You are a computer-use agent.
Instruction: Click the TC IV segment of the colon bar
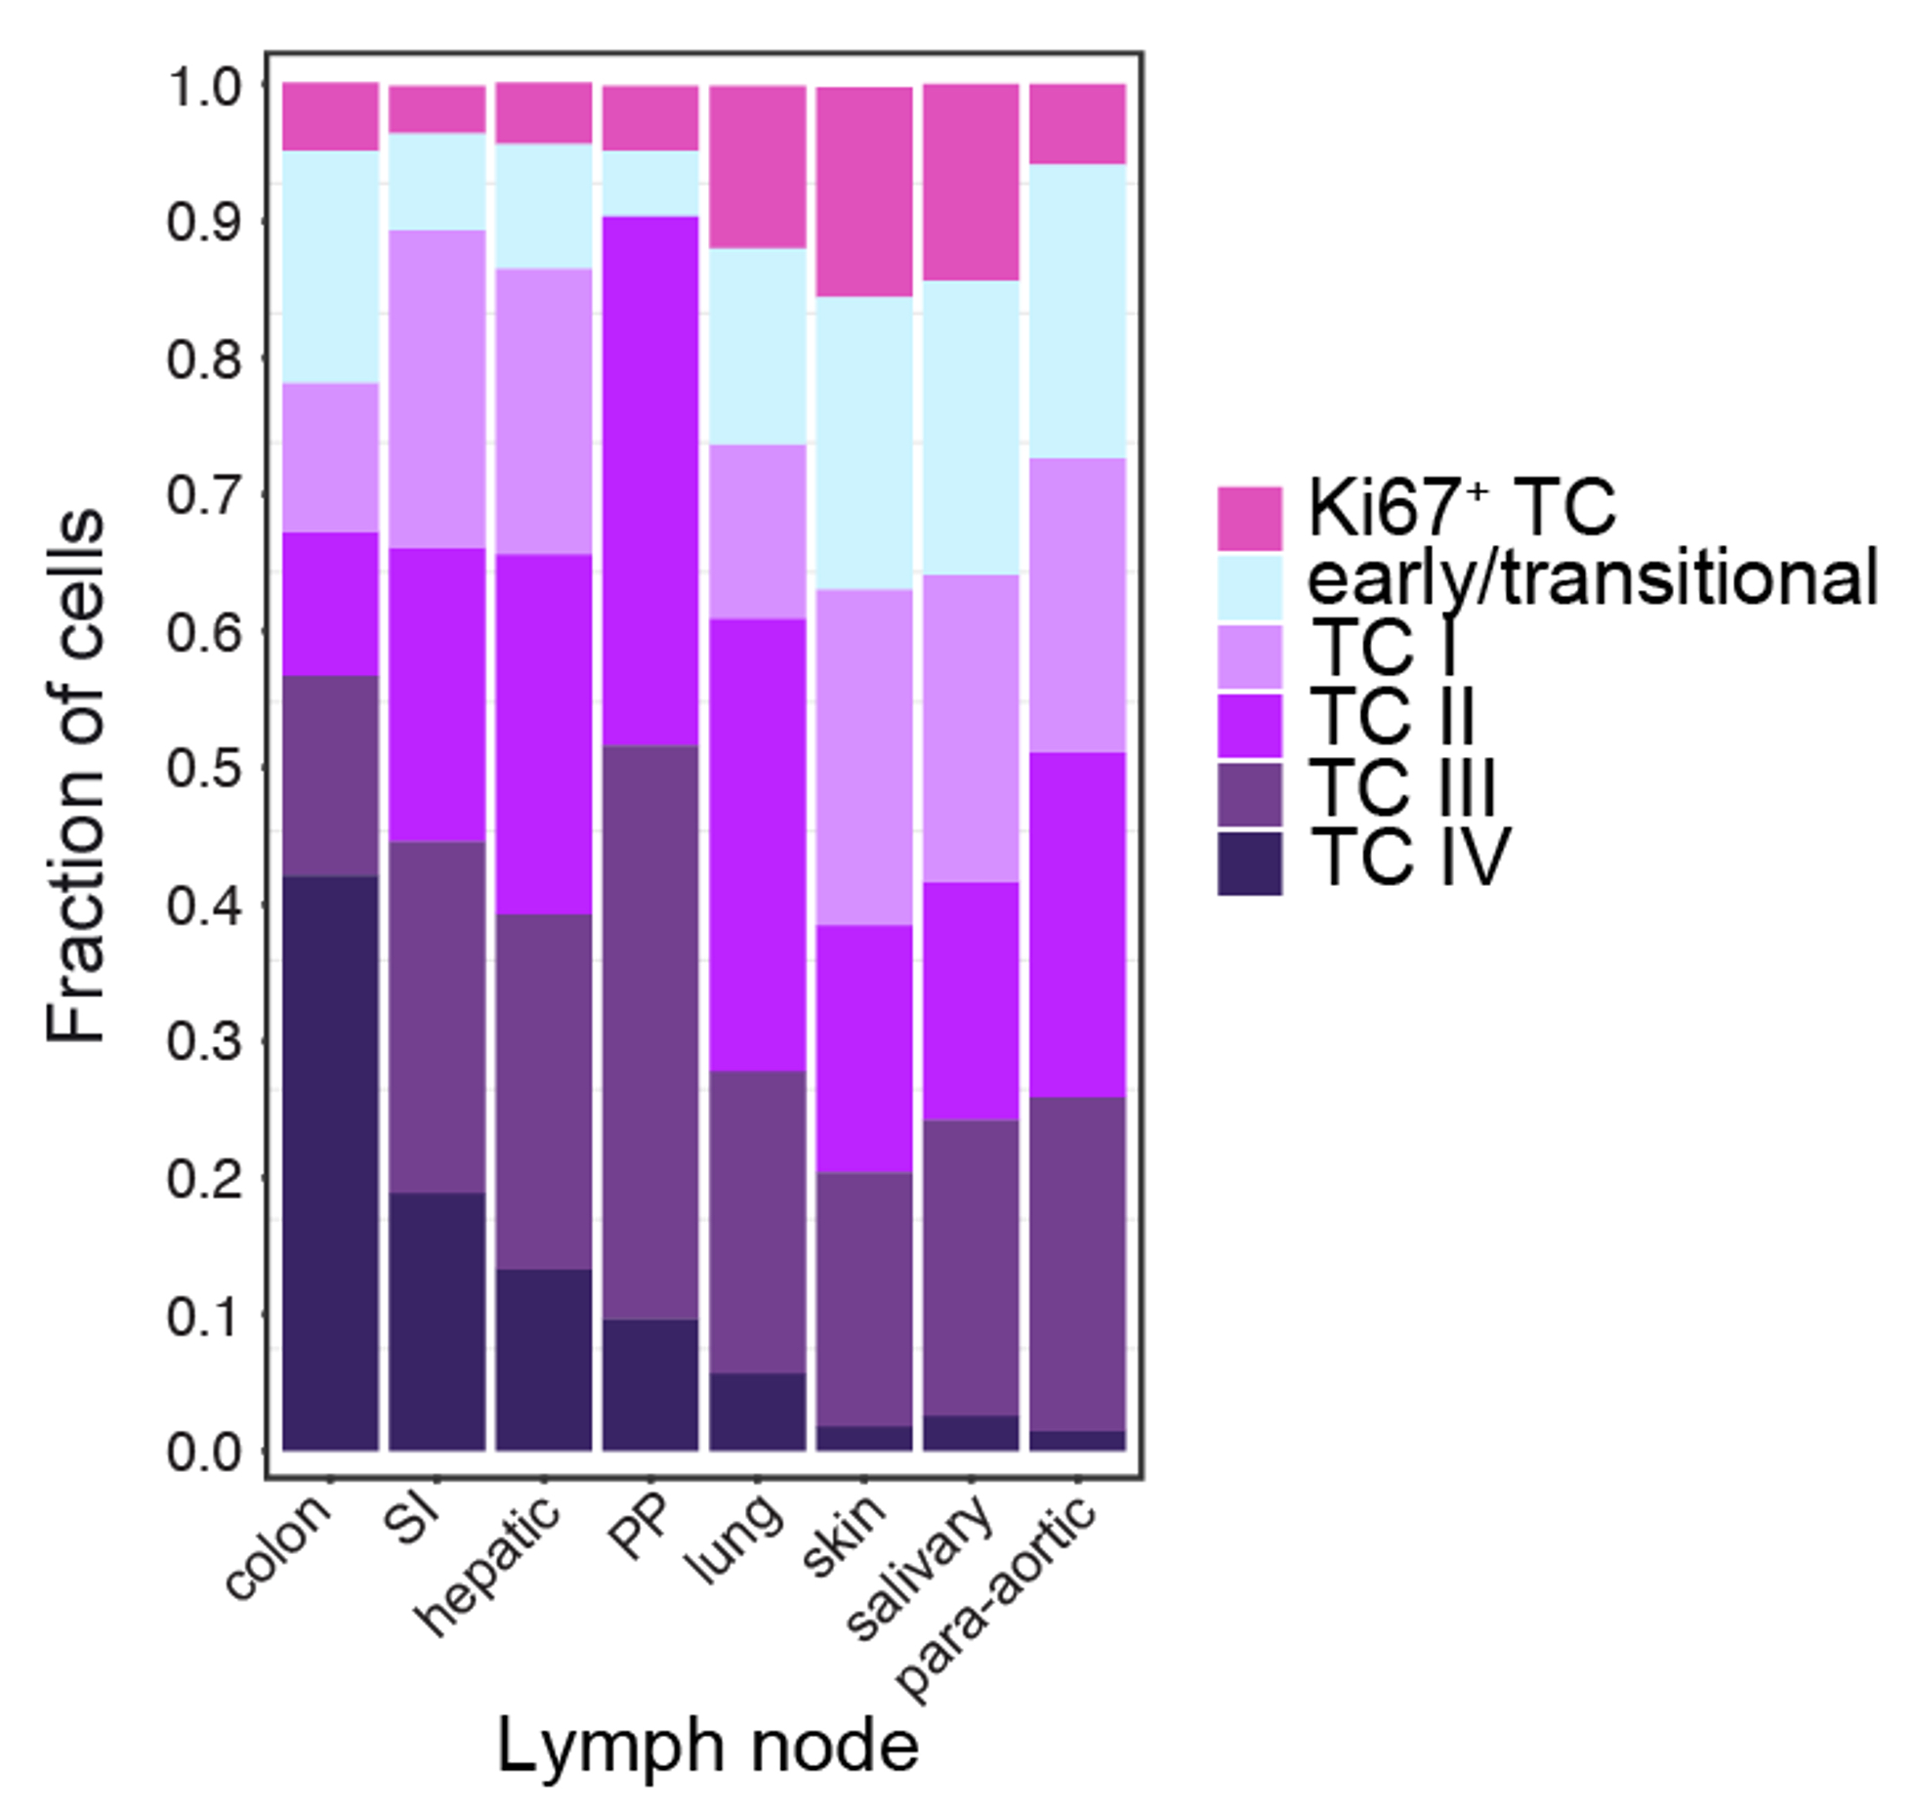pyautogui.click(x=330, y=1162)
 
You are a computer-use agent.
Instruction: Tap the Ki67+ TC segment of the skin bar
pyautogui.click(x=864, y=191)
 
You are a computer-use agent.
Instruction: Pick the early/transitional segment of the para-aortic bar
pyautogui.click(x=1077, y=311)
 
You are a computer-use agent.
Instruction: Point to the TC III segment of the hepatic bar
pyautogui.click(x=544, y=1091)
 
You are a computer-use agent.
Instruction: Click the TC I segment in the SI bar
pyautogui.click(x=437, y=389)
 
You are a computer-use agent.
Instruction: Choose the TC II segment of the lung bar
pyautogui.click(x=758, y=845)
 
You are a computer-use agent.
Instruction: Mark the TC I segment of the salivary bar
pyautogui.click(x=971, y=729)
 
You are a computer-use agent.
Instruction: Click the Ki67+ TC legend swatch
pyautogui.click(x=1249, y=518)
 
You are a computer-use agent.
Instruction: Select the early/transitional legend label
pyautogui.click(x=1592, y=578)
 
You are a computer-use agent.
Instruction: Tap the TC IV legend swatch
pyautogui.click(x=1249, y=864)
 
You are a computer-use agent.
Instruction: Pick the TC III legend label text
pyautogui.click(x=1402, y=787)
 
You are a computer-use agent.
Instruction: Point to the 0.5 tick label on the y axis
pyautogui.click(x=203, y=769)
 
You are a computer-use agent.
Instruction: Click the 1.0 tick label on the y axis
pyautogui.click(x=203, y=88)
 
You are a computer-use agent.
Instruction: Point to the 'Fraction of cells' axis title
pyautogui.click(x=76, y=777)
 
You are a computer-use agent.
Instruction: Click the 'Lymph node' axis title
pyautogui.click(x=708, y=1746)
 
